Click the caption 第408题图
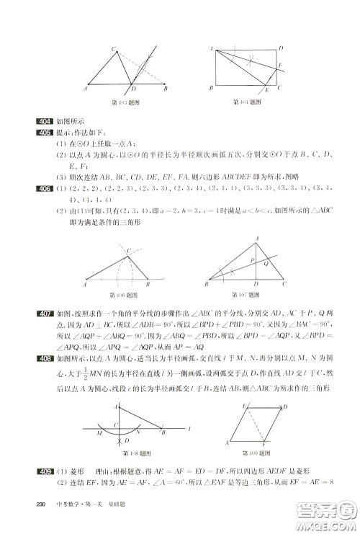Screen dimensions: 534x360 135,453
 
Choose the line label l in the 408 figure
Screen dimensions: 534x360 189,428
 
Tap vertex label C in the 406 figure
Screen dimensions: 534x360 129,250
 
